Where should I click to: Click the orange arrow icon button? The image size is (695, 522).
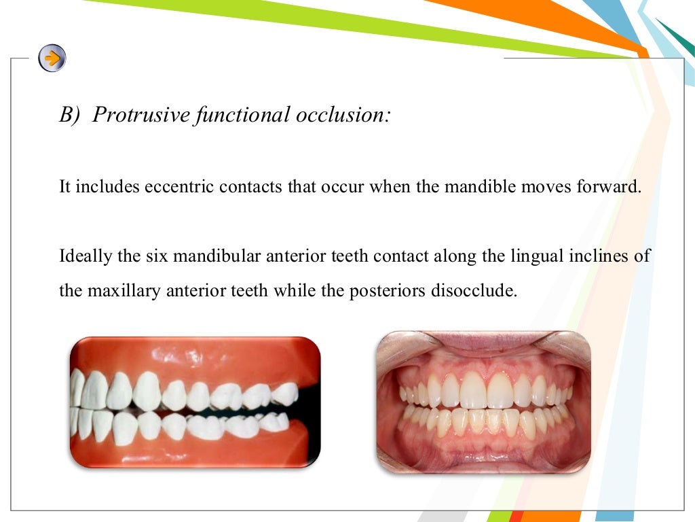[x=52, y=58]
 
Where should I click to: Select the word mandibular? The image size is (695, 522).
[x=214, y=257]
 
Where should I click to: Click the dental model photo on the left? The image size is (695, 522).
[x=195, y=403]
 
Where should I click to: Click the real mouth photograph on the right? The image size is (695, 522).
[x=483, y=402]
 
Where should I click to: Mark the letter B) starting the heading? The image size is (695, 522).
[x=69, y=115]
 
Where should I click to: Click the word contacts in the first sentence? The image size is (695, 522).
[x=251, y=187]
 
